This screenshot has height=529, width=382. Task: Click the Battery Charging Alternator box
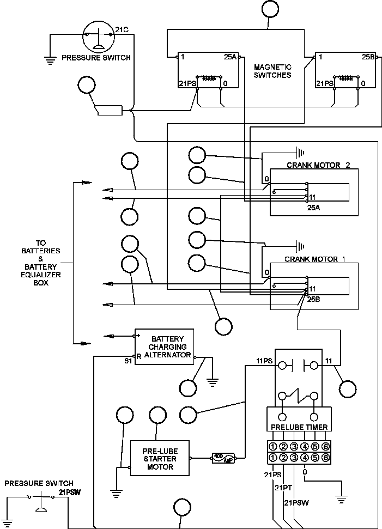coord(164,347)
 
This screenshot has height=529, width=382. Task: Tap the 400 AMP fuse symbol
coord(223,458)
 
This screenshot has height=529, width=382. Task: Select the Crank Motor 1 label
coord(315,259)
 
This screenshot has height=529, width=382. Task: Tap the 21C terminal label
coord(122,29)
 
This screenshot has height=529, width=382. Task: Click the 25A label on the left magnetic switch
coord(231,57)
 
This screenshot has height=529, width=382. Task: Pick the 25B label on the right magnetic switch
coord(368,57)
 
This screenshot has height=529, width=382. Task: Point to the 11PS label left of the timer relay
coord(264,361)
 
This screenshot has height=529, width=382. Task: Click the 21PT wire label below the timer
coord(283,487)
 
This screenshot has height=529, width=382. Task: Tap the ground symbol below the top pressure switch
coord(50,60)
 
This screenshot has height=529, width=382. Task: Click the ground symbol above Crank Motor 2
coord(299,152)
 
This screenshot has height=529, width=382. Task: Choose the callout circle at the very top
coord(269,9)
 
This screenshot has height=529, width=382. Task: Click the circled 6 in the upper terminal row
coord(326,446)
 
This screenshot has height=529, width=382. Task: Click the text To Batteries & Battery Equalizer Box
coord(41,263)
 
